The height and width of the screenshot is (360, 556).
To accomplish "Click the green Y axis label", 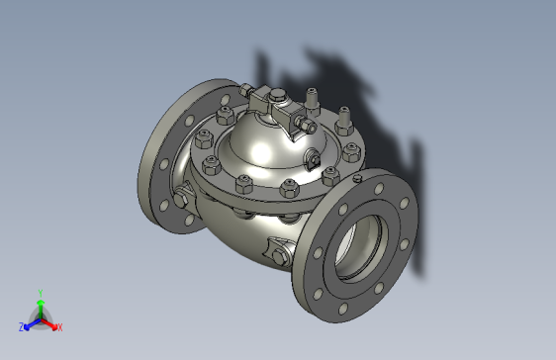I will tap(41, 293).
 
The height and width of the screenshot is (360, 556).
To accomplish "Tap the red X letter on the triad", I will tap(59, 327).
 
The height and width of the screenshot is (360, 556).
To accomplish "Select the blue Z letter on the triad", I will tap(22, 326).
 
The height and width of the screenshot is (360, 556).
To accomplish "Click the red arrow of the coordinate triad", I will tap(50, 322).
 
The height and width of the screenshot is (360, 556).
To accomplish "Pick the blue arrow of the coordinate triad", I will tap(31, 322).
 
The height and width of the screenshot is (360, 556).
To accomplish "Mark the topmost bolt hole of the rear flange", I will tap(219, 88).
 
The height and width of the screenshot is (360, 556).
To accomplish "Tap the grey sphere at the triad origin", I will tap(41, 319).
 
